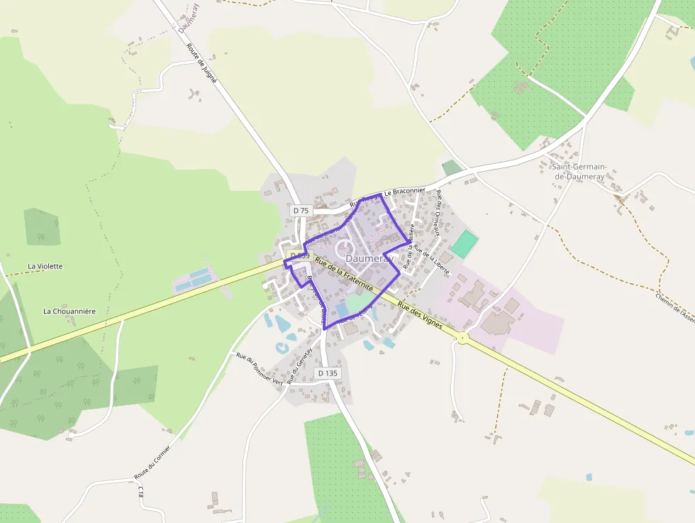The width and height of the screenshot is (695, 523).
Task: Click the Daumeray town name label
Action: [x=369, y=260]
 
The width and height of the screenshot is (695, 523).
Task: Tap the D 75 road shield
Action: [x=301, y=211]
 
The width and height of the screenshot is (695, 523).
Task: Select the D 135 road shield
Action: [x=328, y=373]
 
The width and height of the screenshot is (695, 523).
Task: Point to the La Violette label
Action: [x=45, y=266]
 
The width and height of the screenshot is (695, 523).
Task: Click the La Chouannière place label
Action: [x=69, y=311]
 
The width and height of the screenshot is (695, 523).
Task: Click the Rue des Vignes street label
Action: [x=420, y=316]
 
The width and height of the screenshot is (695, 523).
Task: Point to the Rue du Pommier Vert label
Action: [x=259, y=368]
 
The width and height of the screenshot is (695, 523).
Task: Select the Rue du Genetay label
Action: [x=300, y=366]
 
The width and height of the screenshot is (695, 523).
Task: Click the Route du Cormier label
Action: [x=152, y=461]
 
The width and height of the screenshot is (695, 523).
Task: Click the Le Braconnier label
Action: [x=404, y=192]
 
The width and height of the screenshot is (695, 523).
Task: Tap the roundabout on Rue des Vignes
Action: [x=462, y=338]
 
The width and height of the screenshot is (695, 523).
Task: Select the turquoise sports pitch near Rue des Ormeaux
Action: [x=465, y=243]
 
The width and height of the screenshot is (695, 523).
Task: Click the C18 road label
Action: [x=141, y=492]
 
